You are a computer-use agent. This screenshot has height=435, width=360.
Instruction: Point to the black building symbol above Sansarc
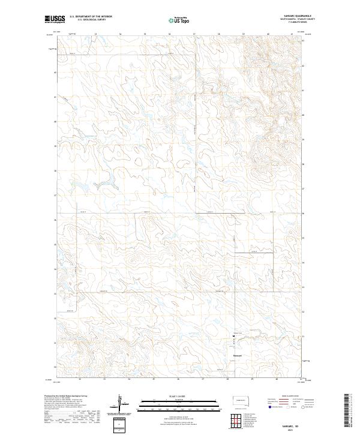[235, 337]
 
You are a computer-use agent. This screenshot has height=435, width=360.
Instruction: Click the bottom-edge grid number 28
[227, 379]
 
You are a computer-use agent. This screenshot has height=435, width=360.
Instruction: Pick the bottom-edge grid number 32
[79, 379]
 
